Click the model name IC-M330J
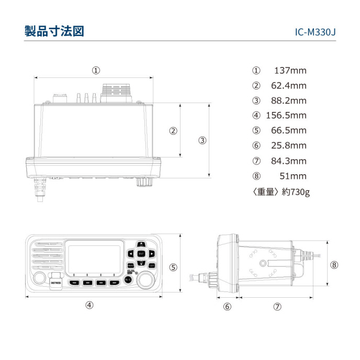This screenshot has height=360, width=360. click(x=315, y=32)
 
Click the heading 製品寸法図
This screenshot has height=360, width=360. click(x=54, y=31)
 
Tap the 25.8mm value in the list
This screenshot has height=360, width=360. click(x=288, y=145)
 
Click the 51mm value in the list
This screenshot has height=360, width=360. click(x=294, y=176)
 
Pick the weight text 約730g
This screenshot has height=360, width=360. click(x=295, y=192)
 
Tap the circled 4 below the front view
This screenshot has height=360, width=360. click(x=89, y=305)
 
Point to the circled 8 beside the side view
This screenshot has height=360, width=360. click(x=334, y=265)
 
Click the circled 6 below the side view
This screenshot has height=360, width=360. click(x=227, y=307)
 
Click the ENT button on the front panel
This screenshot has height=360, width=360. click(x=141, y=254)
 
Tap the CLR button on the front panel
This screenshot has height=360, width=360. click(x=151, y=265)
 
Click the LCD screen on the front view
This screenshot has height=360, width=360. click(x=95, y=257)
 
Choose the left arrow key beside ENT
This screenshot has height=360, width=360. click(x=131, y=254)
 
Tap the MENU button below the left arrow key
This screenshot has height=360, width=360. click(x=131, y=265)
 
